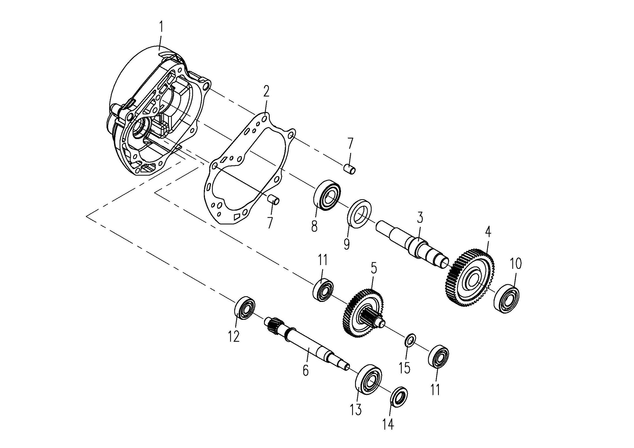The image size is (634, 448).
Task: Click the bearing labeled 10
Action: point(506,298)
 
